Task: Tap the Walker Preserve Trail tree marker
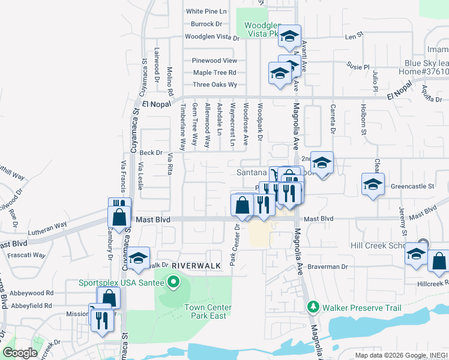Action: click(313, 308)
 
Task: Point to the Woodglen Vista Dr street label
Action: click(212, 37)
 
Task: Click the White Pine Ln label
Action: click(206, 11)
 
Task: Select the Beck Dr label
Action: click(151, 152)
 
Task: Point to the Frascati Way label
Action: click(27, 255)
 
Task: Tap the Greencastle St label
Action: click(412, 187)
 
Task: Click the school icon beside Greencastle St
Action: click(373, 184)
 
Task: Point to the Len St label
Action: click(351, 37)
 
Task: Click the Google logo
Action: click(20, 353)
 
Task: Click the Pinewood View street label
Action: click(214, 61)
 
